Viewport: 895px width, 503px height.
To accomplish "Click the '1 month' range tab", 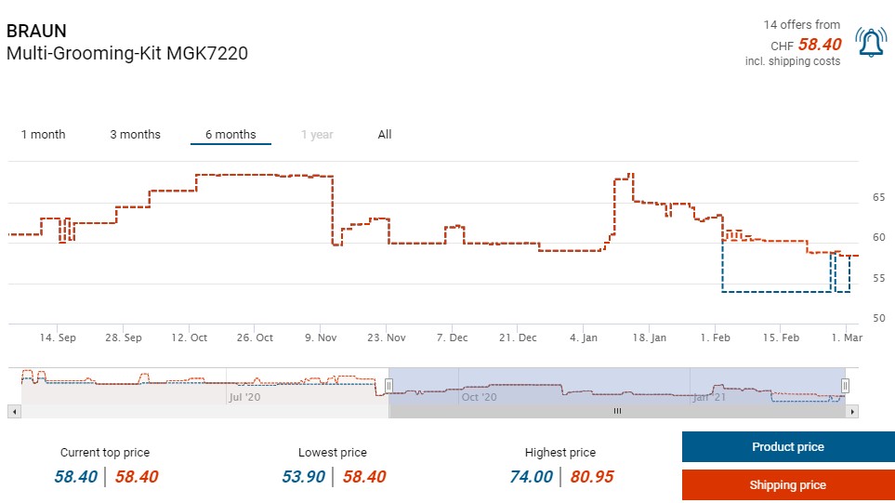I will tap(44, 135).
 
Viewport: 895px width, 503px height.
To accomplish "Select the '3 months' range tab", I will tap(135, 135).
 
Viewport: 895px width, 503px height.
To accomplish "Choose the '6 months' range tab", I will tap(230, 135).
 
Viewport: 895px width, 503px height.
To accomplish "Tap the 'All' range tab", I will tap(385, 135).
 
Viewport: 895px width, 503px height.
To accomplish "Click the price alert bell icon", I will tap(871, 43).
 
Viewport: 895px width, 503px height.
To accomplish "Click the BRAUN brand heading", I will tap(36, 31).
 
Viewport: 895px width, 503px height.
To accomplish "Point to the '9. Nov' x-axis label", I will tap(321, 338).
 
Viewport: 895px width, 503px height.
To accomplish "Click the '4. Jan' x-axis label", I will tap(584, 338).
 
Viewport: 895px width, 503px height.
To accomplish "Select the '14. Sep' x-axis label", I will tap(58, 338).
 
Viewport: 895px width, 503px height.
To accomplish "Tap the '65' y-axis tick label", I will tap(878, 198).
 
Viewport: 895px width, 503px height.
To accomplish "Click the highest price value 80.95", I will tap(592, 477).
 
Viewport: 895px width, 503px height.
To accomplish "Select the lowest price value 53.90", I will tap(303, 477).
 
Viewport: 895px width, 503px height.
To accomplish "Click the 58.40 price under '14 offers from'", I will tap(819, 45).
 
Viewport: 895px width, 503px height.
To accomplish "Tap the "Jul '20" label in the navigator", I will tap(244, 397).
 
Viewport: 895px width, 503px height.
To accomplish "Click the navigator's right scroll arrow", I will tap(852, 410).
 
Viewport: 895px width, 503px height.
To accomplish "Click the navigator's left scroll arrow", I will tap(13, 410).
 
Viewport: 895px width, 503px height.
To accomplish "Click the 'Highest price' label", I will tap(559, 453).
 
